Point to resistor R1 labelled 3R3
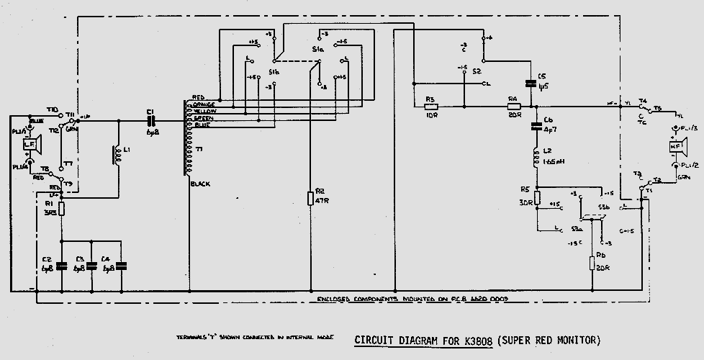(61, 210)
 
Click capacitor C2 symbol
(61, 265)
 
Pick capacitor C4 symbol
(121, 265)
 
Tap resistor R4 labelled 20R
(513, 107)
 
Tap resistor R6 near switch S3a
(592, 263)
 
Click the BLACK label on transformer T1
(201, 184)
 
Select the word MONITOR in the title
(573, 339)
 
